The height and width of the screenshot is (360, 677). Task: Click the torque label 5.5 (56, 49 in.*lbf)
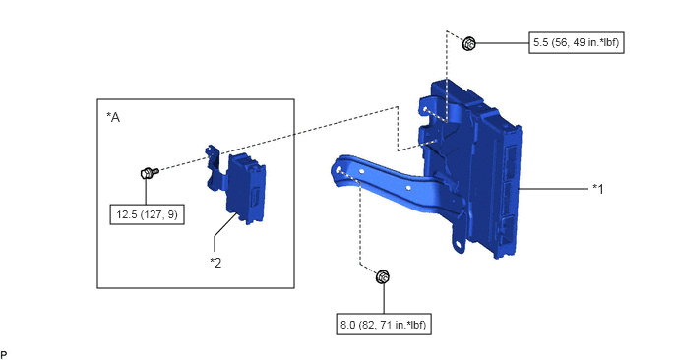[577, 42]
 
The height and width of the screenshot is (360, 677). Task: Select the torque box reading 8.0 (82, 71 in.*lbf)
[384, 325]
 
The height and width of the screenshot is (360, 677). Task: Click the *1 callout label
[598, 189]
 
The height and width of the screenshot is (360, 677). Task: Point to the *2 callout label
[215, 262]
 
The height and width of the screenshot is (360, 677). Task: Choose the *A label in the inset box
[113, 117]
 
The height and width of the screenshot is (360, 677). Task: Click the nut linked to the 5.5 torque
[469, 43]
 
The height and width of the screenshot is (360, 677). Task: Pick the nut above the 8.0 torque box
[383, 276]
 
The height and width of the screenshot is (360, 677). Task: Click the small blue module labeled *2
[246, 189]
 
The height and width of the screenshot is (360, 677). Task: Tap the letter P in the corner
[4, 355]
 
